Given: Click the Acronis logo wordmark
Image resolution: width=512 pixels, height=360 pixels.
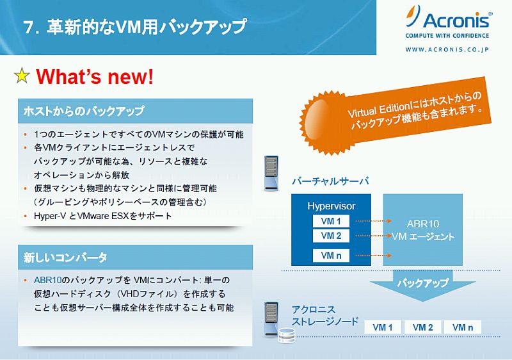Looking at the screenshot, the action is pyautogui.click(x=456, y=20).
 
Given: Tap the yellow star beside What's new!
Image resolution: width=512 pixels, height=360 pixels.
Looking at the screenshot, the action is pyautogui.click(x=22, y=76).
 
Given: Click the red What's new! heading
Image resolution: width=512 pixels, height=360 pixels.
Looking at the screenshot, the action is pyautogui.click(x=95, y=76).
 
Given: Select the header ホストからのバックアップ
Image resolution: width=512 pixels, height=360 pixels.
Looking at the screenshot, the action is pyautogui.click(x=84, y=111).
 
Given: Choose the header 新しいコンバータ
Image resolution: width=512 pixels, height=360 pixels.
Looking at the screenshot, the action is pyautogui.click(x=65, y=258).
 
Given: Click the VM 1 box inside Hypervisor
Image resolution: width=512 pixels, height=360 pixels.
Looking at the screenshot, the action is pyautogui.click(x=331, y=221).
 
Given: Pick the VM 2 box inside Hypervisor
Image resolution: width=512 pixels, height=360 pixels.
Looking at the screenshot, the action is pyautogui.click(x=331, y=236).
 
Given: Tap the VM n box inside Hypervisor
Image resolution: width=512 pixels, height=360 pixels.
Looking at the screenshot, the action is pyautogui.click(x=331, y=256).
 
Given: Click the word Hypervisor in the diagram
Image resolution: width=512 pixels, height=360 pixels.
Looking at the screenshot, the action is pyautogui.click(x=331, y=206).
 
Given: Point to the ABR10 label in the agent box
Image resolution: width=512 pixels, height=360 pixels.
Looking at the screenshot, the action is pyautogui.click(x=423, y=224).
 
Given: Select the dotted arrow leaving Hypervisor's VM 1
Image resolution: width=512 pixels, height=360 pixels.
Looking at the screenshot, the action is pyautogui.click(x=374, y=221).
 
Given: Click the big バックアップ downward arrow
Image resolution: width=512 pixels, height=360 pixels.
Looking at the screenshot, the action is pyautogui.click(x=423, y=285).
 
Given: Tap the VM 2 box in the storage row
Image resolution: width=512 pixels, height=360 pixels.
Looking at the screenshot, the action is pyautogui.click(x=422, y=327).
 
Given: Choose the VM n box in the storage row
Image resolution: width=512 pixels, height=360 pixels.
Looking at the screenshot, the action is pyautogui.click(x=463, y=327).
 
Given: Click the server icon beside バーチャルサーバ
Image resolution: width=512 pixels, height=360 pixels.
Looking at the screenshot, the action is pyautogui.click(x=271, y=173).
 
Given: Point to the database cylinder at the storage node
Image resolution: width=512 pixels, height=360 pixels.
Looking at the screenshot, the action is pyautogui.click(x=287, y=336).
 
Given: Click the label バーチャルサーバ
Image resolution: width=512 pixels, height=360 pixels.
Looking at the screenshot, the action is pyautogui.click(x=330, y=181).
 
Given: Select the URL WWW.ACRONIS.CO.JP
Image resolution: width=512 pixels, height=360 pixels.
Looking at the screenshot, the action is pyautogui.click(x=447, y=50).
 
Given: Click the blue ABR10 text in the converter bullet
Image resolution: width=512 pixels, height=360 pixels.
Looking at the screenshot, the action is pyautogui.click(x=47, y=281).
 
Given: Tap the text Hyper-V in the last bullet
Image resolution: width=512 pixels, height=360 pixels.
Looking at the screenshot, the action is pyautogui.click(x=50, y=216).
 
